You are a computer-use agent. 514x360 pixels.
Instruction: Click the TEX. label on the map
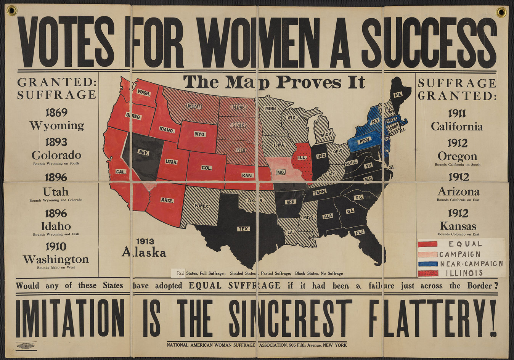tap(244, 229)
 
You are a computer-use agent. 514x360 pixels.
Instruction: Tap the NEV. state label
tap(144, 153)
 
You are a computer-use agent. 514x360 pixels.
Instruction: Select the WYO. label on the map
tap(200, 134)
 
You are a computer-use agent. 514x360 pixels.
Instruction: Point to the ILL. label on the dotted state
tap(302, 157)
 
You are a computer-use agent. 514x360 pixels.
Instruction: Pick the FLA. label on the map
tap(360, 232)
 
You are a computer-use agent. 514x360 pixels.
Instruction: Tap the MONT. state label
tap(194, 106)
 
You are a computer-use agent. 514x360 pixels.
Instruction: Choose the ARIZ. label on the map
tap(167, 200)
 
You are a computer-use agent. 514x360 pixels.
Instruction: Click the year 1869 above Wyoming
tap(56, 112)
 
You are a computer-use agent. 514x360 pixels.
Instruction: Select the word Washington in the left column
tap(56, 259)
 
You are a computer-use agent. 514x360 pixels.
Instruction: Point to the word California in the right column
tap(457, 127)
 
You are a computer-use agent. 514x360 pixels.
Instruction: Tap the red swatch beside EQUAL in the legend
tap(427, 244)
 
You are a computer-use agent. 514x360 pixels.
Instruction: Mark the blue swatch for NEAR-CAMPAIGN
tap(427, 264)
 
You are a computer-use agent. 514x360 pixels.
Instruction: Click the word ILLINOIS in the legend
tap(464, 273)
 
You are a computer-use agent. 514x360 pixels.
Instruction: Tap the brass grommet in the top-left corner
tap(12, 11)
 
